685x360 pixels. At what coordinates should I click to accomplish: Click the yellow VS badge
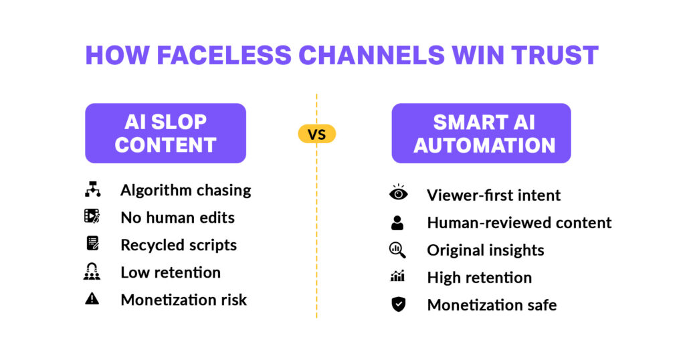click(x=316, y=134)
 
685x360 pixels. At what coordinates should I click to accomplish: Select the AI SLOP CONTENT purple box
click(x=165, y=133)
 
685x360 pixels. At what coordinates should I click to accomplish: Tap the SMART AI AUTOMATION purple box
click(x=481, y=133)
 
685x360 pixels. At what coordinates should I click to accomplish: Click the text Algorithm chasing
click(x=185, y=190)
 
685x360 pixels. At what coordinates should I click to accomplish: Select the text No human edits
click(x=177, y=217)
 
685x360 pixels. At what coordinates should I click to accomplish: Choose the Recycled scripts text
click(x=179, y=245)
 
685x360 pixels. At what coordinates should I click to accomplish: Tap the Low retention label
click(x=171, y=272)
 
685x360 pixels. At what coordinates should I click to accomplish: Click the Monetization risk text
click(x=183, y=300)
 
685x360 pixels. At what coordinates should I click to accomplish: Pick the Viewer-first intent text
click(x=494, y=195)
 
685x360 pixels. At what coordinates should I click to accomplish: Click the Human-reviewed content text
click(x=519, y=223)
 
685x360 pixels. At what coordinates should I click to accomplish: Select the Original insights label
click(x=485, y=250)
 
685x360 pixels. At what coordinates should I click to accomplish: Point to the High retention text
click(x=479, y=278)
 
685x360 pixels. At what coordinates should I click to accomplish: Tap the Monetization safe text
click(x=492, y=305)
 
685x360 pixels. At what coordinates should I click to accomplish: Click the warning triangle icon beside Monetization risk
click(x=92, y=299)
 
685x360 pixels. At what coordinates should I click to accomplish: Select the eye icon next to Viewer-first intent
click(x=398, y=194)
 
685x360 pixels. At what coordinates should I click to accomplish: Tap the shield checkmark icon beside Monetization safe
click(x=398, y=304)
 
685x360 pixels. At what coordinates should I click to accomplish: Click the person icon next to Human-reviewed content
click(x=398, y=222)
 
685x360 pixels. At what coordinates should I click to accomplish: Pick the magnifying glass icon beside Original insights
click(x=398, y=250)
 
